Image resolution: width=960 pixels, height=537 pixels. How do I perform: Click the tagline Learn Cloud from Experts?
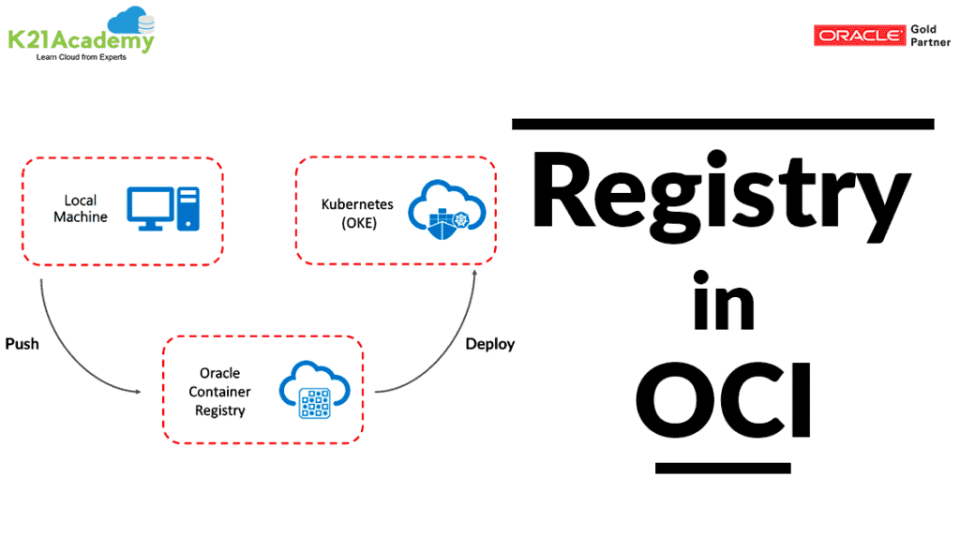(x=81, y=58)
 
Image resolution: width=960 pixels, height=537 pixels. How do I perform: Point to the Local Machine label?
(x=81, y=209)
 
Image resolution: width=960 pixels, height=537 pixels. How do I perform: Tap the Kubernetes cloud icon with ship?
(x=440, y=212)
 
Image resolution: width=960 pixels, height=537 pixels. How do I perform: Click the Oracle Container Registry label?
(x=219, y=392)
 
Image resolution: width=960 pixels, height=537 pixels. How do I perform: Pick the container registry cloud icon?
(x=312, y=391)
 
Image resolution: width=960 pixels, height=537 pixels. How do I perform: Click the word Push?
(x=22, y=344)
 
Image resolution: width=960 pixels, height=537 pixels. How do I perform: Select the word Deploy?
(x=490, y=344)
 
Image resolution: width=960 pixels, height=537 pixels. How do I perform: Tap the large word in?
(x=724, y=302)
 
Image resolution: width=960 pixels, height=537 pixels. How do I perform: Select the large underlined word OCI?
(x=723, y=405)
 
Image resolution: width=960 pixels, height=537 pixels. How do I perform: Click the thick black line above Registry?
(x=723, y=124)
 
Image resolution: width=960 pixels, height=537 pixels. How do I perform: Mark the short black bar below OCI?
(x=723, y=467)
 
